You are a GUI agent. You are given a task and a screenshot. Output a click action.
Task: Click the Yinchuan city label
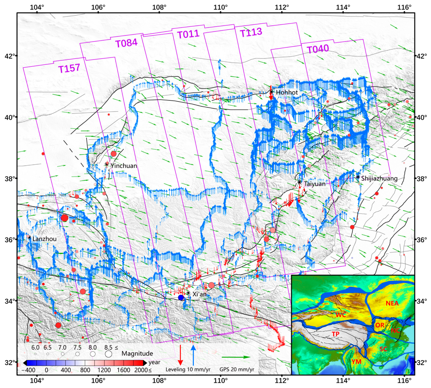(x=124, y=166)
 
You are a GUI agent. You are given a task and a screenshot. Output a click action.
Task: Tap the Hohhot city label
(x=287, y=92)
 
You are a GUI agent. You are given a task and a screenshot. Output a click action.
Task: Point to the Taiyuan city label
(x=315, y=184)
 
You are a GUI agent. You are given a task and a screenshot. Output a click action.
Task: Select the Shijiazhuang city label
(x=379, y=178)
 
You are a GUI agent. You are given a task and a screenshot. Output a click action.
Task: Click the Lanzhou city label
(x=44, y=239)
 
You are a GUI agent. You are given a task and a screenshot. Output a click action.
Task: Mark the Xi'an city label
(x=199, y=294)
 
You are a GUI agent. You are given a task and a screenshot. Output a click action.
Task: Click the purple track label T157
(x=69, y=68)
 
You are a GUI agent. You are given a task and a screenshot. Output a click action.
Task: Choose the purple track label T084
(x=127, y=43)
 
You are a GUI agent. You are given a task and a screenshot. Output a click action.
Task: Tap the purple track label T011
(x=188, y=34)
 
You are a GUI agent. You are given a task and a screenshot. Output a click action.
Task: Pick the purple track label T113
(x=251, y=32)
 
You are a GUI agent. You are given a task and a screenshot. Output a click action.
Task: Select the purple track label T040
(x=318, y=49)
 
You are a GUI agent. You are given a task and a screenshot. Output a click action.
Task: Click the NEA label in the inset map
(x=392, y=303)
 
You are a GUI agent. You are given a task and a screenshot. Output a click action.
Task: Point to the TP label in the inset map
(x=335, y=334)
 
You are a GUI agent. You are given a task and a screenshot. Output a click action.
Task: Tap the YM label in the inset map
(x=356, y=362)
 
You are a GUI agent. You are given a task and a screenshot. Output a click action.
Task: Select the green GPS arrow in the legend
(x=236, y=357)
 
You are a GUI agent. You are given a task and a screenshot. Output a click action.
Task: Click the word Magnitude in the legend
(x=137, y=353)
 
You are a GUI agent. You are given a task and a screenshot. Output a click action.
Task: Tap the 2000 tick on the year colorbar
(x=141, y=370)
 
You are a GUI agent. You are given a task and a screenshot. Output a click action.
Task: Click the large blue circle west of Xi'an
(x=181, y=298)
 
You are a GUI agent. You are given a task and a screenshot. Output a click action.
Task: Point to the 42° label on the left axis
(x=9, y=56)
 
